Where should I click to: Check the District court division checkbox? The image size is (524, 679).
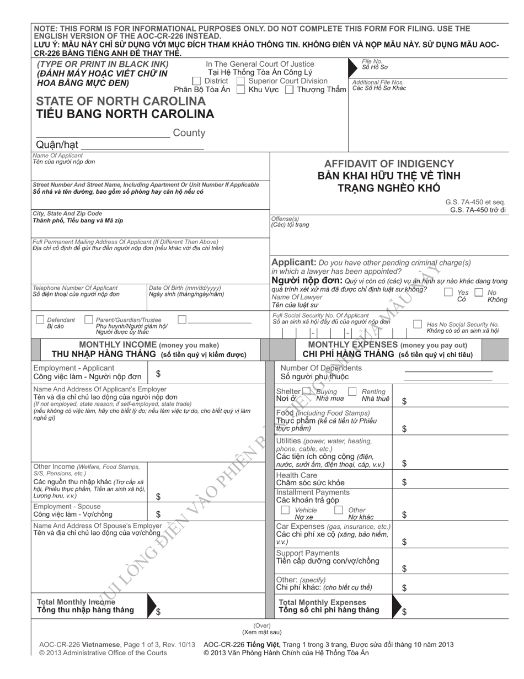click(196, 81)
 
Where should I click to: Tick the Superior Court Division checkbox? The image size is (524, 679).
click(240, 81)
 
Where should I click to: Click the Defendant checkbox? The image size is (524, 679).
click(40, 320)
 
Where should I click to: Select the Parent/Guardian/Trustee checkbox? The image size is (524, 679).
click(89, 320)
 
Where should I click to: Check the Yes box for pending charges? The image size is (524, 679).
click(449, 292)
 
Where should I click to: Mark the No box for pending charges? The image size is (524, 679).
click(479, 292)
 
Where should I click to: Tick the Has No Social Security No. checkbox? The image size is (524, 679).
click(418, 324)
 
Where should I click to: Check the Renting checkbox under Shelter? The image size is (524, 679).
click(352, 391)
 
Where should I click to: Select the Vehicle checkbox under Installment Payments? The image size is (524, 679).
click(285, 510)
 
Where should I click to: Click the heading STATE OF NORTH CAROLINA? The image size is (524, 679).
click(121, 102)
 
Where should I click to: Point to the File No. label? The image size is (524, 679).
click(372, 61)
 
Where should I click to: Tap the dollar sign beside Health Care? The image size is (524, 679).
click(404, 482)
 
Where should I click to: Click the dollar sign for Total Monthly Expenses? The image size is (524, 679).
click(404, 612)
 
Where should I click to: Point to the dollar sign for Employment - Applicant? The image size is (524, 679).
click(158, 374)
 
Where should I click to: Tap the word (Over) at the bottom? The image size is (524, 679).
click(261, 625)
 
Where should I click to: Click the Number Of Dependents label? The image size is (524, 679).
click(321, 368)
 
